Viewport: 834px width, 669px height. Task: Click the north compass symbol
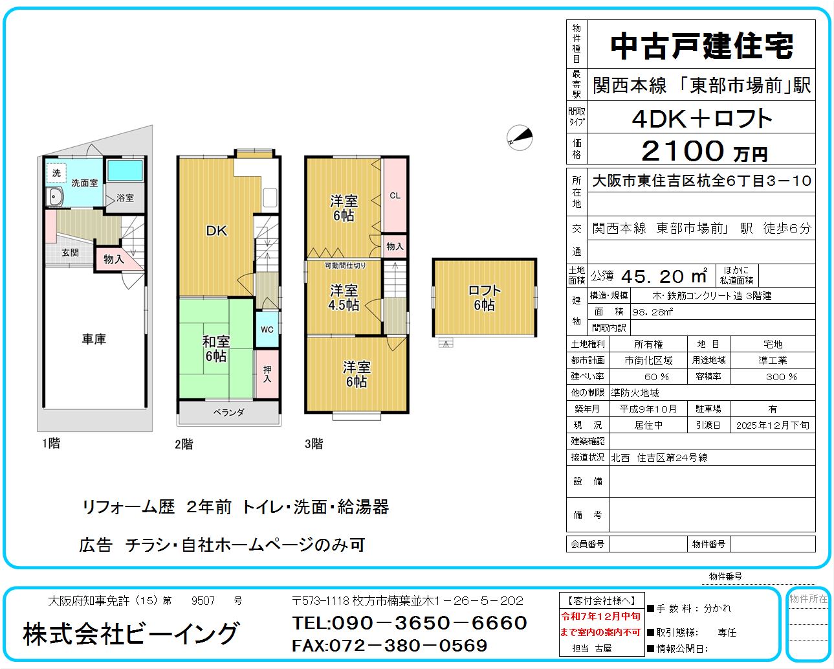(x=520, y=138)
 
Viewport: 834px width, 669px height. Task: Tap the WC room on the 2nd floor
(x=267, y=330)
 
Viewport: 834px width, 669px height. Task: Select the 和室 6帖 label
(x=216, y=348)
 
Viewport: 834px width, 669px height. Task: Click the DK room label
(x=216, y=231)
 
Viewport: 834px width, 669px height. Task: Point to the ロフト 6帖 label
(x=484, y=298)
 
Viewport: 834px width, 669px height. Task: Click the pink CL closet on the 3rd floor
(x=395, y=195)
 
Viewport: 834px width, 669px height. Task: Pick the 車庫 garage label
(x=94, y=339)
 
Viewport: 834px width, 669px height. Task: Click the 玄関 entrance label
(x=70, y=253)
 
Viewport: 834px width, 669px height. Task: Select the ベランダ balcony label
(x=228, y=412)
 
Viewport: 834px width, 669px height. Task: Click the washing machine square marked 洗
(x=56, y=173)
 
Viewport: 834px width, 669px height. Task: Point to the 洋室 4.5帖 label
(x=344, y=298)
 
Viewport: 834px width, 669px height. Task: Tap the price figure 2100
(x=682, y=150)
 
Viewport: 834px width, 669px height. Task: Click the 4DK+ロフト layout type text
(x=702, y=119)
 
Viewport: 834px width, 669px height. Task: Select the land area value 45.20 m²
(x=664, y=277)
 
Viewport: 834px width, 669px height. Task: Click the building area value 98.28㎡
(x=653, y=312)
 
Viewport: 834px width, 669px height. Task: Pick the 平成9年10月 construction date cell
(x=648, y=409)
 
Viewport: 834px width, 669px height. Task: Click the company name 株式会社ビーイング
(x=131, y=634)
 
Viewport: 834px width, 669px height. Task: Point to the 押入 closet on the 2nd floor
(x=267, y=374)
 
